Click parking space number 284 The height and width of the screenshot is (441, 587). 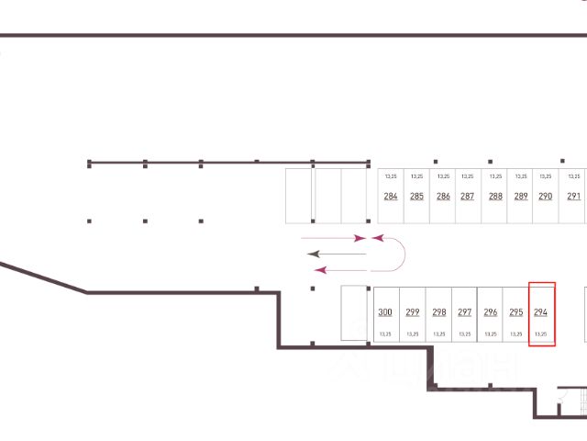(x=391, y=196)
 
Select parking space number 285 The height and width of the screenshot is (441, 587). (x=416, y=196)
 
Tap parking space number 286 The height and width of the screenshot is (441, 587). (x=443, y=196)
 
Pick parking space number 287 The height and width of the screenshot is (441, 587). (x=467, y=196)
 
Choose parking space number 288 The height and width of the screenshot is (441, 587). (x=495, y=196)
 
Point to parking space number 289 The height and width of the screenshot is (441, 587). (x=521, y=196)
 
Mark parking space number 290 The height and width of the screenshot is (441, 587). (x=545, y=196)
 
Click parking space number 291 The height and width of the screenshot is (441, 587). (x=574, y=196)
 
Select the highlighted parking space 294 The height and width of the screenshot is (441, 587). (x=541, y=313)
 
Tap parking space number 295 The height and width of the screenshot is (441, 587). (x=516, y=313)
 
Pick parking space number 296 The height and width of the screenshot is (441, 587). (x=491, y=313)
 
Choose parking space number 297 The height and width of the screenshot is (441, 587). (x=465, y=313)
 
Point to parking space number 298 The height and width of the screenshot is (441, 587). (x=438, y=313)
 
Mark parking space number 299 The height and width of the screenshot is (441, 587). (x=413, y=313)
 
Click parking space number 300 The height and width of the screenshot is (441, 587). (x=385, y=313)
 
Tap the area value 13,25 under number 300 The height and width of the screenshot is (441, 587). (x=385, y=334)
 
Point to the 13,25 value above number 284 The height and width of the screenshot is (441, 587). (x=391, y=175)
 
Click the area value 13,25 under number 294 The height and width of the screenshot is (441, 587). (x=541, y=334)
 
